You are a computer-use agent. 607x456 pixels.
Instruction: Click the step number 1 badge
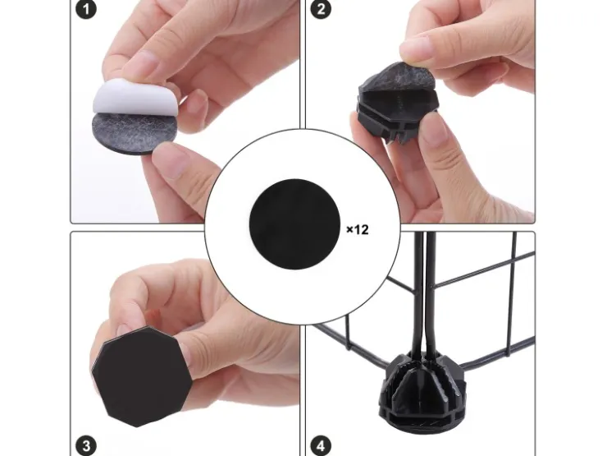86,9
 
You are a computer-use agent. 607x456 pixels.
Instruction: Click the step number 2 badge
321,9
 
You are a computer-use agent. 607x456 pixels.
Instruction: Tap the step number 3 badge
86,445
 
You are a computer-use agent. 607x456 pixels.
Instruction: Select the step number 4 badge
321,445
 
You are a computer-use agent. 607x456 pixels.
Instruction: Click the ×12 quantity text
358,229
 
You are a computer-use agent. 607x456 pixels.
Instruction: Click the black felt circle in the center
294,224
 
